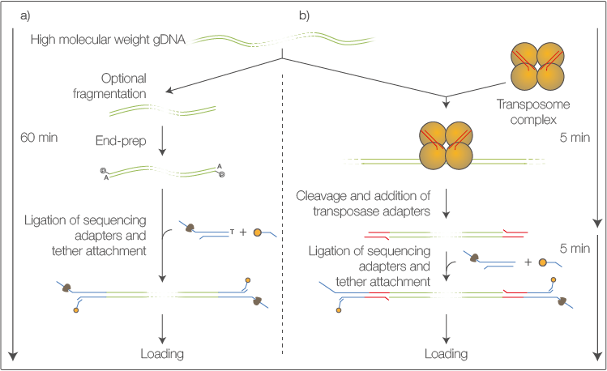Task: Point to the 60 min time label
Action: click(41, 138)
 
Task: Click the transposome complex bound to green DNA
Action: click(447, 147)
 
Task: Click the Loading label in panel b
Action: click(446, 354)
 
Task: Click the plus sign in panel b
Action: click(528, 262)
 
